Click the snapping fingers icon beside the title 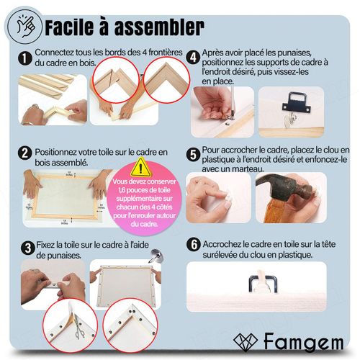[x=25, y=26]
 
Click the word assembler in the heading [x=159, y=27]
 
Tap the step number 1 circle [x=25, y=58]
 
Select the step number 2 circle [x=25, y=153]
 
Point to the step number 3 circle [x=28, y=248]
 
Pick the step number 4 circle [x=193, y=58]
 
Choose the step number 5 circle [x=193, y=155]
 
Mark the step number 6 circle [x=194, y=245]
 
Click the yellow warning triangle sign [x=141, y=168]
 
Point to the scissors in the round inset [x=78, y=326]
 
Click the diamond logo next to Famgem [x=246, y=342]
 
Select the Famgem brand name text [x=304, y=342]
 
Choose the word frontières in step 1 [x=166, y=53]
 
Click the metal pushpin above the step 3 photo [x=156, y=256]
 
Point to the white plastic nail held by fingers [x=228, y=197]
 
